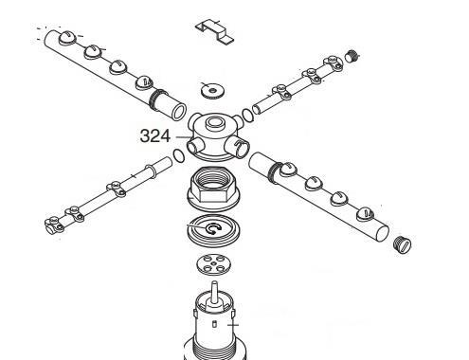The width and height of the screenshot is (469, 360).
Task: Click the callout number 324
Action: coord(155,136)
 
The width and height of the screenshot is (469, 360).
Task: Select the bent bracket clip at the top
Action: coord(215,31)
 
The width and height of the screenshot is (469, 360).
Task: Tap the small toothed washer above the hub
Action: coord(213,91)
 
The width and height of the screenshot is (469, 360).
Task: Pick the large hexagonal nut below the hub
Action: coord(214,189)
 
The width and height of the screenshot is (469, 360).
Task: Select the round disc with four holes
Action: coord(213,264)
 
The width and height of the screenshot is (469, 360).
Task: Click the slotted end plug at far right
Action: coord(403,244)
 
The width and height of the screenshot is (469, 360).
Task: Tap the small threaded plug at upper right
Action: coord(352,57)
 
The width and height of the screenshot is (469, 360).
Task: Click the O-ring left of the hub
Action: coord(179,155)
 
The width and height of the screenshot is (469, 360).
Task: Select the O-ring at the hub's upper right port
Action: coord(247,115)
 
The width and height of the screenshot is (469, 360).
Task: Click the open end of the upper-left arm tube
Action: coord(179,112)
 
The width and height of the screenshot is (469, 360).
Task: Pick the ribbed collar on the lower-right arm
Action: coord(274,172)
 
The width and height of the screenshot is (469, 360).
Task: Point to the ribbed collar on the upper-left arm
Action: coord(157,99)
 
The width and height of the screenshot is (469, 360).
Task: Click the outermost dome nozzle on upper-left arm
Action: coord(67,38)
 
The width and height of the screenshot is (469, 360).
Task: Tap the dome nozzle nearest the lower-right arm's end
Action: coord(365,214)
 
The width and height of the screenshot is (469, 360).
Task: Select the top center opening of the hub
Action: coord(215,121)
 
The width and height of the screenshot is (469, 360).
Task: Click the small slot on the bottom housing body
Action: coord(215,324)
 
